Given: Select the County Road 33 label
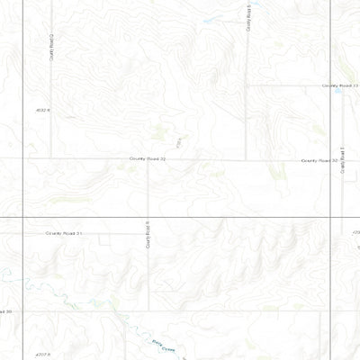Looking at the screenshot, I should [x=341, y=85].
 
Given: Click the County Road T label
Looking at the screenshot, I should [x=344, y=162].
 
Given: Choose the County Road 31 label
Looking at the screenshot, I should [x=64, y=232].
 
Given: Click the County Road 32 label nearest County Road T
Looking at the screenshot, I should [x=319, y=160].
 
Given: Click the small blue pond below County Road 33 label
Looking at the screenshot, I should [x=340, y=91].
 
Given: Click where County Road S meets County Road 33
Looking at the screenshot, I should [x=247, y=85].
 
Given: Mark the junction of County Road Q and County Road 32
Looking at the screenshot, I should [x=51, y=159].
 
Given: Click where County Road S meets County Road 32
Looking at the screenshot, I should [x=247, y=160].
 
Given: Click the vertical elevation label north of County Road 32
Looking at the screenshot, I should [x=180, y=141].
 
